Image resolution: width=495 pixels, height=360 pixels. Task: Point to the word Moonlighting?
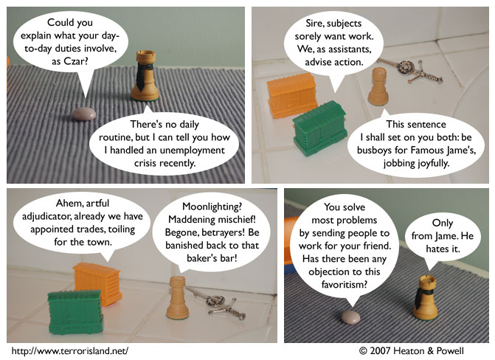212,207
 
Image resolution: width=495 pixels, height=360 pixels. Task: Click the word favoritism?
345,285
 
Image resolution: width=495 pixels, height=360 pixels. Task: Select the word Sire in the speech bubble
314,24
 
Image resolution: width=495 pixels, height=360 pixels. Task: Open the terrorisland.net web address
70,351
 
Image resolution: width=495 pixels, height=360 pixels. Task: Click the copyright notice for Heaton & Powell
412,351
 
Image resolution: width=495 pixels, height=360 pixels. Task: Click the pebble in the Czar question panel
83,114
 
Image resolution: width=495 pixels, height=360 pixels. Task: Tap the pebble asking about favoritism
350,316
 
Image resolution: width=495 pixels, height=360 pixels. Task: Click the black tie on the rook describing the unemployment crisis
142,75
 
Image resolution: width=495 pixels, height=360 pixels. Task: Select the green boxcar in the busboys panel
319,128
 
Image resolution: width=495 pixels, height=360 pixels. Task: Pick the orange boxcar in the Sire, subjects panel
292,94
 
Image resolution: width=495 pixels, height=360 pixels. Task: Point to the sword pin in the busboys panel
410,71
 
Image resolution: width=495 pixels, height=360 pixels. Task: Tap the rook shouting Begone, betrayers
177,297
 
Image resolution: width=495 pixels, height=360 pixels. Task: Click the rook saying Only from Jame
425,297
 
